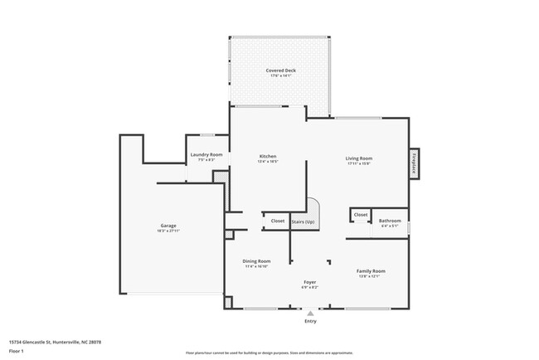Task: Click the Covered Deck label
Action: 280,71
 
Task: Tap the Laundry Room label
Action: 206,154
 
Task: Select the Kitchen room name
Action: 267,156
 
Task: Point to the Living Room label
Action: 358,158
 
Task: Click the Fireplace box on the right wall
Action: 414,163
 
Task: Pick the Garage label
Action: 168,226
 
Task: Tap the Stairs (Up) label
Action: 303,221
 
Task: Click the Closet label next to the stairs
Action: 278,221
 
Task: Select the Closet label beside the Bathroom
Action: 361,215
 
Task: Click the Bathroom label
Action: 390,221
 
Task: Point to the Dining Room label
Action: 257,260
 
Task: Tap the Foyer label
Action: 309,282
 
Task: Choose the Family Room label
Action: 370,271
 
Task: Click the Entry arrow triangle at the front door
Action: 310,314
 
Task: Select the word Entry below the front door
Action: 310,322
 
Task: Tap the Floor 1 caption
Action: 16,351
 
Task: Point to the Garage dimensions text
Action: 168,231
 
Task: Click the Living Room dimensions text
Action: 358,163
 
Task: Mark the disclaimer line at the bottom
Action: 270,352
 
